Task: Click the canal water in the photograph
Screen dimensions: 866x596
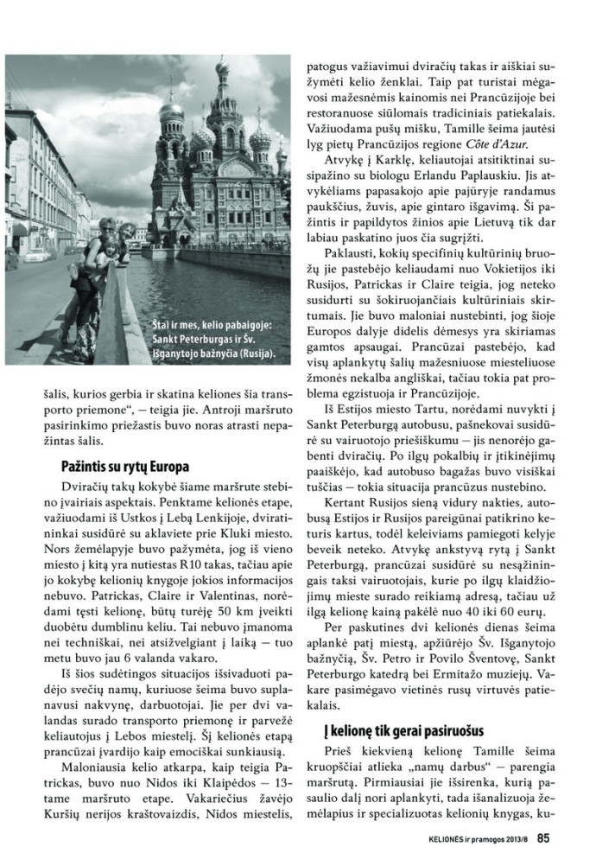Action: pyautogui.click(x=216, y=285)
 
